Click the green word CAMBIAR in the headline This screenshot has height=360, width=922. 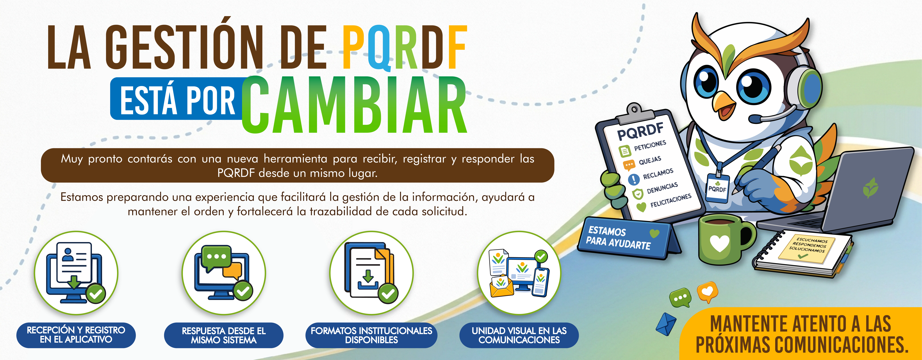coord(354,104)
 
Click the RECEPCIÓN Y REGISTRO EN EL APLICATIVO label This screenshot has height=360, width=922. coord(76,335)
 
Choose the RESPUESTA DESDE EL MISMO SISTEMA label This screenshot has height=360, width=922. coord(224,335)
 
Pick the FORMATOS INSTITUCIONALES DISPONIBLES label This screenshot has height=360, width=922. coord(372,335)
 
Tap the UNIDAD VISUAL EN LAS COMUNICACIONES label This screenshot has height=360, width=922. coord(519,335)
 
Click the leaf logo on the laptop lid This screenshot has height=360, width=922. coord(870,188)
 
